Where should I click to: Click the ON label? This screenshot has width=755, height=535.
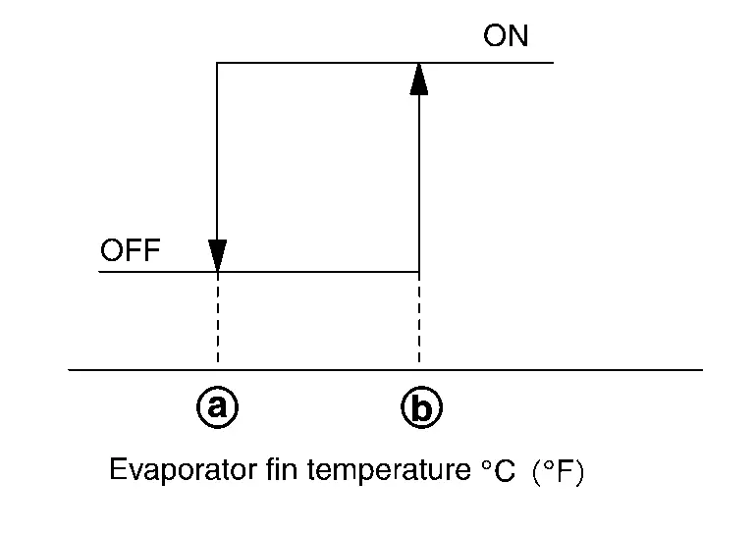click(506, 37)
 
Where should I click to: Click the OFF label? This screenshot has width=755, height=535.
click(130, 251)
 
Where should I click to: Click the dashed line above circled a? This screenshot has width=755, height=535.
click(218, 319)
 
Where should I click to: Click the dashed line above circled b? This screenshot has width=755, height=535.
click(419, 319)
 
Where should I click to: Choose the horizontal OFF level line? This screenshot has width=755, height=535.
click(314, 272)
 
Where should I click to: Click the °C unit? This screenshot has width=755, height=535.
click(499, 473)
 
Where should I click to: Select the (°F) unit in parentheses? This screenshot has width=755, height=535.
click(557, 473)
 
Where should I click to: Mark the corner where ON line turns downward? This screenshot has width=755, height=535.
click(218, 63)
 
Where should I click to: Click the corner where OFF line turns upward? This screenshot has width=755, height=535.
click(419, 272)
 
